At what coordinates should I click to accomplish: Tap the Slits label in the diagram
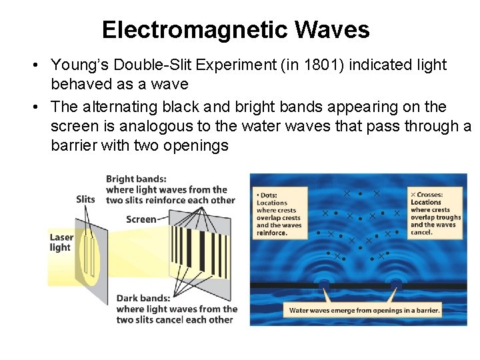tap(85, 199)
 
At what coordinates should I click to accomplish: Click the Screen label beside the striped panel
tap(141, 219)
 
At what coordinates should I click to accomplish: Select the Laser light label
tap(61, 242)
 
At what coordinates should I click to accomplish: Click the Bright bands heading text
tap(137, 179)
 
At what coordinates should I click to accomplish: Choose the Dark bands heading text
tap(137, 299)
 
